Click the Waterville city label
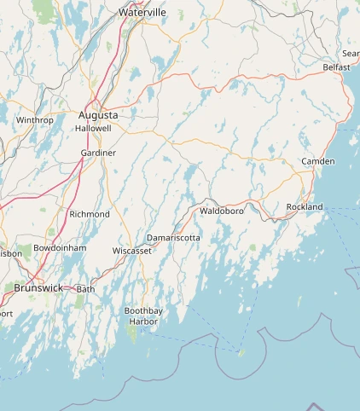[x=142, y=13]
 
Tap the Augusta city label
[x=98, y=114]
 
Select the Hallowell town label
[x=93, y=128]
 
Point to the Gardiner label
[x=98, y=153]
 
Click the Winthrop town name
[x=34, y=120]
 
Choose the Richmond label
[x=90, y=214]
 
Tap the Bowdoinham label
[x=59, y=248]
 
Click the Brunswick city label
[x=38, y=288]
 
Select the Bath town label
[x=86, y=289]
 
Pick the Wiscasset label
[x=131, y=251]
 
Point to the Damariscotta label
[x=173, y=237]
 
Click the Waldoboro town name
[x=222, y=210]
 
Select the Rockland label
[x=305, y=207]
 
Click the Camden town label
[x=318, y=161]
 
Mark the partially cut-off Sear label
[x=351, y=53]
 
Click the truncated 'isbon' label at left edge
[x=11, y=253]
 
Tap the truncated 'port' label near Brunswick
[x=6, y=313]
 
